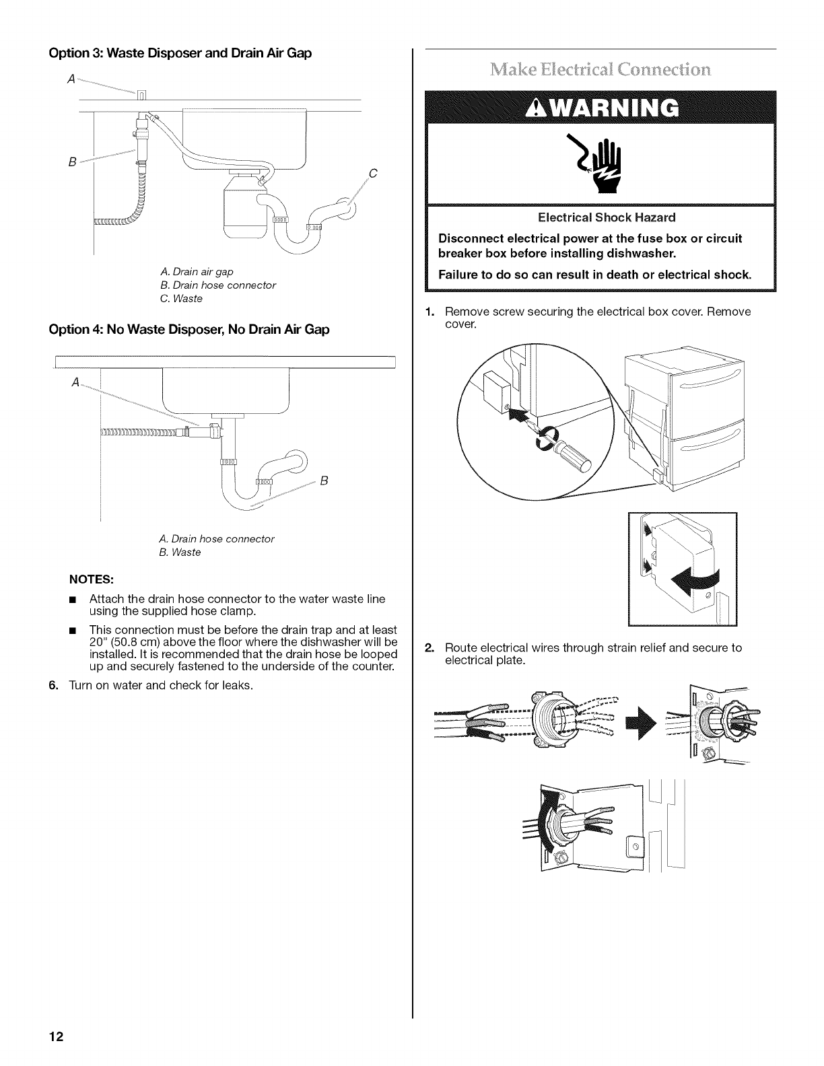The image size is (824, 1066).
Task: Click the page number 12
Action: pos(55,1036)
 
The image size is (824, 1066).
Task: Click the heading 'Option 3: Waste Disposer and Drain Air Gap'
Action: pos(180,53)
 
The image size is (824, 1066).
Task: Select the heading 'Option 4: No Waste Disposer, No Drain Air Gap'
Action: pos(189,330)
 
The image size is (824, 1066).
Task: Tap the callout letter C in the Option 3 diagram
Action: pos(373,175)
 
